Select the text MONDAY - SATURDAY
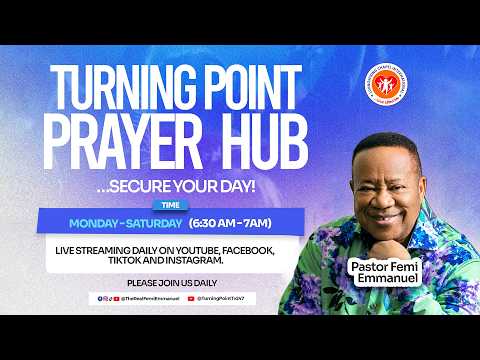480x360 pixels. point(124,222)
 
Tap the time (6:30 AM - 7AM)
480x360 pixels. point(238,222)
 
